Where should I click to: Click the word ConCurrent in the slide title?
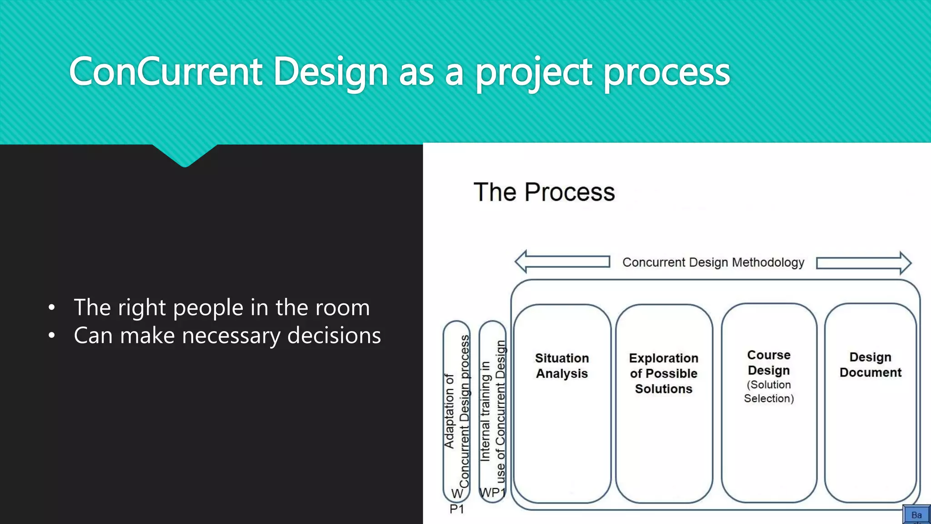coord(165,71)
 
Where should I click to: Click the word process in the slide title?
coord(666,73)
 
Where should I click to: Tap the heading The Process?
coord(544,192)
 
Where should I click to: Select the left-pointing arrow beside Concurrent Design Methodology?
coord(562,262)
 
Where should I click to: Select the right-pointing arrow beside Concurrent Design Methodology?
coord(864,263)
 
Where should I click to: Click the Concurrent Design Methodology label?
coord(713,262)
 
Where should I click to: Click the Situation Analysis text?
coord(562,366)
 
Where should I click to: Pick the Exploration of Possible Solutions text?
coord(663,373)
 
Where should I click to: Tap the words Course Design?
coord(769,363)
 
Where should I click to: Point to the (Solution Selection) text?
coord(769,392)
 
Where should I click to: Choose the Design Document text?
coord(870,365)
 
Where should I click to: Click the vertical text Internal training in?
coord(486,412)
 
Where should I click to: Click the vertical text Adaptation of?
coord(449,412)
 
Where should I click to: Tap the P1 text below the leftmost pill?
coord(457,509)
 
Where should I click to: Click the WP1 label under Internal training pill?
coord(492,493)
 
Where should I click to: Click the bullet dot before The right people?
coord(52,308)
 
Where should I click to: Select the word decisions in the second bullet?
coord(334,336)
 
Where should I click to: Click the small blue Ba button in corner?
coord(916,515)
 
